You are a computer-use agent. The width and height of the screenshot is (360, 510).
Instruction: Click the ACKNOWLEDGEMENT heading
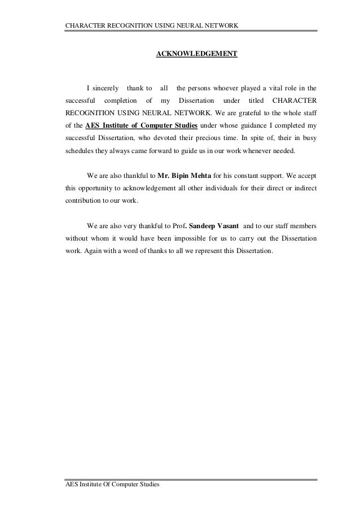pyautogui.click(x=196, y=54)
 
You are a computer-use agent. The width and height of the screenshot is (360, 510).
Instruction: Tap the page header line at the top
pyautogui.click(x=152, y=26)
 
